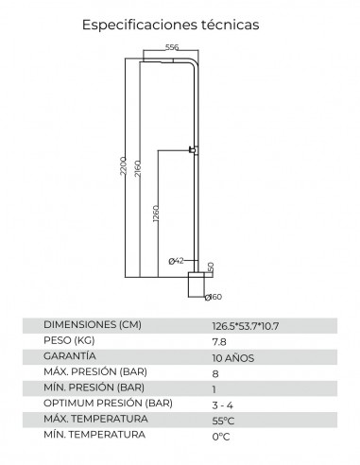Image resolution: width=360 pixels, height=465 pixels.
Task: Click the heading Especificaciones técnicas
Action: coord(170,25)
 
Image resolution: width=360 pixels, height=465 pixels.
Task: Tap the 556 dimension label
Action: coord(172,47)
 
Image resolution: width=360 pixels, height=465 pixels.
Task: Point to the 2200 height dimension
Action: coord(123,165)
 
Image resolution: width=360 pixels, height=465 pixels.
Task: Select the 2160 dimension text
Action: coord(138,168)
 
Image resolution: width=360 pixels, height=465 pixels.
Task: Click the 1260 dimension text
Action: coord(156,214)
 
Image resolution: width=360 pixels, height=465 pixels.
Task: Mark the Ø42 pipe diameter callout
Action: coord(176,261)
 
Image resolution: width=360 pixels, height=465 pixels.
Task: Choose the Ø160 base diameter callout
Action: coord(214,297)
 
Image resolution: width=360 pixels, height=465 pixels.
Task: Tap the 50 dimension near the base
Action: coord(211,267)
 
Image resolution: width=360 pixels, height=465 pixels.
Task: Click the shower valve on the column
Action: coord(193,149)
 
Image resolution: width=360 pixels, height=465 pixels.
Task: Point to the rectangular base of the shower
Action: coord(196,284)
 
